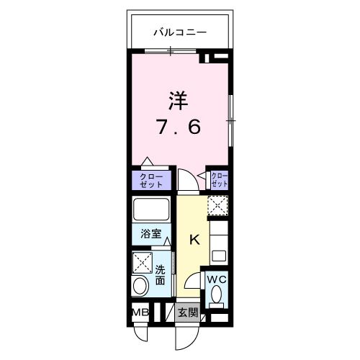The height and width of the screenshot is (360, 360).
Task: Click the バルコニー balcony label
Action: tap(180, 32)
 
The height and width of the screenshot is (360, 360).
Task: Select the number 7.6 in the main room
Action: tap(179, 127)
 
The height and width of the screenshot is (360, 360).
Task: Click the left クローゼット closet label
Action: tap(151, 180)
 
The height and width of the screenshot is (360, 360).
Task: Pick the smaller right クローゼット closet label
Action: tap(219, 179)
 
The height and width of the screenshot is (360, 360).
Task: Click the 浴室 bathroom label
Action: tap(152, 235)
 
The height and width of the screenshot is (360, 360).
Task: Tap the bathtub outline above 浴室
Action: tap(151, 210)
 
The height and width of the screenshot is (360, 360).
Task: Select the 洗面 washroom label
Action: tap(161, 275)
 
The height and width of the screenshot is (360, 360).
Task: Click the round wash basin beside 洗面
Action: tap(140, 287)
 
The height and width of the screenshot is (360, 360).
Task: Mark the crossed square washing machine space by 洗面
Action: tap(142, 262)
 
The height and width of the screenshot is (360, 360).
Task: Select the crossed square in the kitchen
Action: tap(218, 206)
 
